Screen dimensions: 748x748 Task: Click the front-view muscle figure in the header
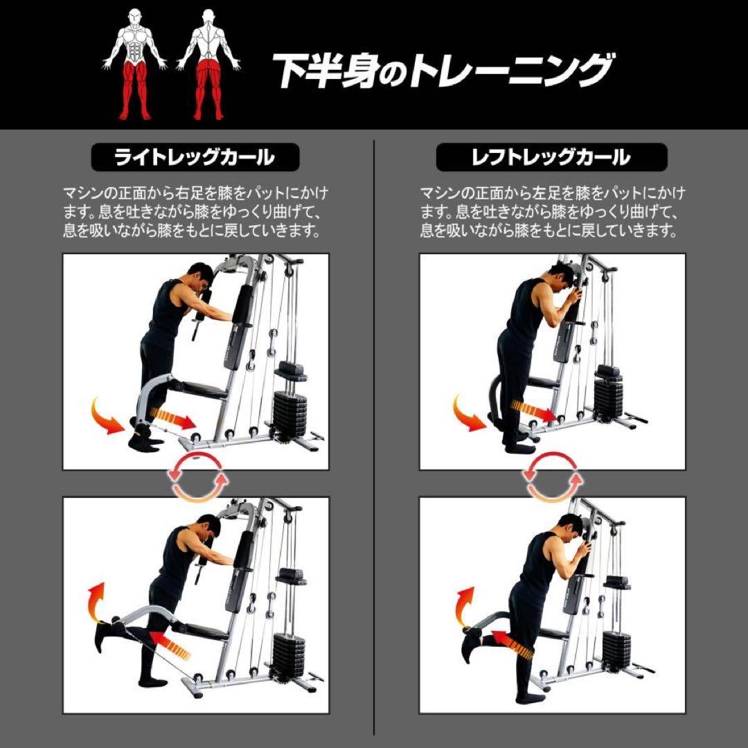tap(135, 66)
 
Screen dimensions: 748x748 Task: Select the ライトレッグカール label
tap(195, 157)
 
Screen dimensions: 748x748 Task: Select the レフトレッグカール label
tap(551, 157)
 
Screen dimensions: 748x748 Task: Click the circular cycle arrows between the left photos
tap(199, 477)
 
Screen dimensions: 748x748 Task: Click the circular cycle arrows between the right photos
tap(551, 477)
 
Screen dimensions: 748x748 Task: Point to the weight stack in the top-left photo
tap(289, 412)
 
